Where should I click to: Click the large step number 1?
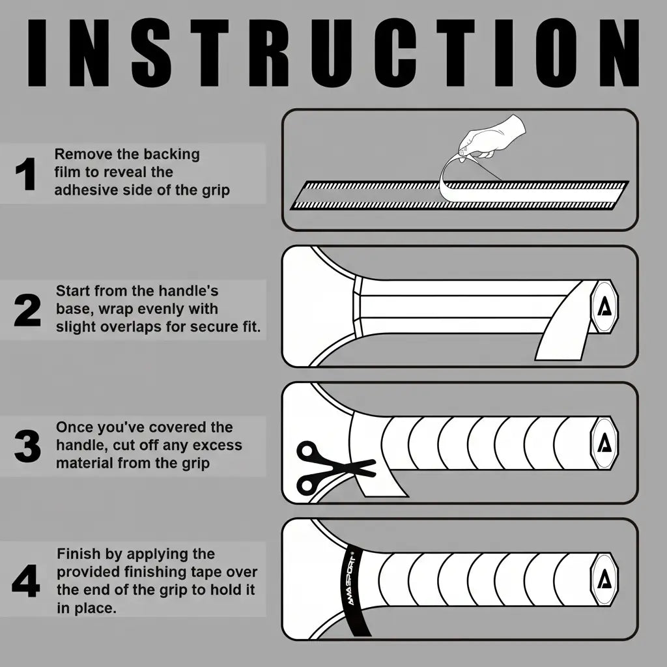[25, 173]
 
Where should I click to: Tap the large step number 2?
[27, 311]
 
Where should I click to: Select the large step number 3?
[27, 446]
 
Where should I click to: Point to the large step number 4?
[26, 580]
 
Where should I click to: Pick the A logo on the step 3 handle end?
[604, 443]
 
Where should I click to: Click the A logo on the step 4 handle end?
[604, 579]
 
